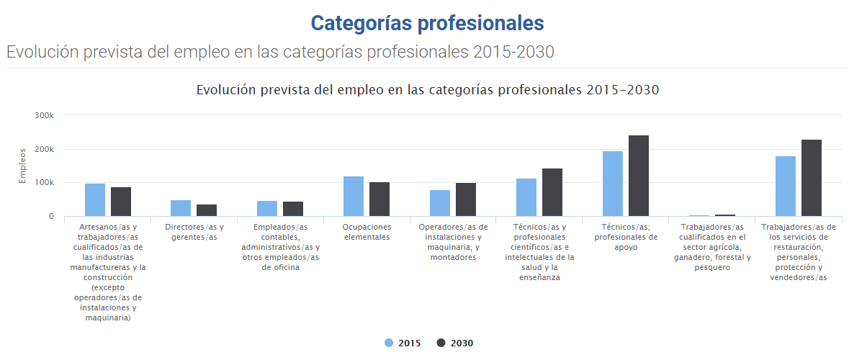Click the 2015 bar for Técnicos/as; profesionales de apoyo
(x=613, y=184)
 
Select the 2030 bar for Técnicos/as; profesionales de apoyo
(x=639, y=176)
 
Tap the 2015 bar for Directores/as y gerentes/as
(x=181, y=208)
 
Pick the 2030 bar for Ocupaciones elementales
(x=379, y=199)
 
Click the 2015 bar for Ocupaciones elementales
(x=354, y=197)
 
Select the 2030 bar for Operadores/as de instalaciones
(x=466, y=199)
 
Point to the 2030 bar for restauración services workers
(x=812, y=178)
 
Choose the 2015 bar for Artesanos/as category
(x=95, y=200)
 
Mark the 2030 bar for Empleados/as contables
(x=293, y=209)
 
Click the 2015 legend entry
(x=403, y=343)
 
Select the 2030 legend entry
(x=455, y=343)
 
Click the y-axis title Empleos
(x=22, y=166)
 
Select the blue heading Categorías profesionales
(x=427, y=23)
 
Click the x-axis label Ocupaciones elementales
(x=367, y=232)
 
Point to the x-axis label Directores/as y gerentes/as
(x=194, y=232)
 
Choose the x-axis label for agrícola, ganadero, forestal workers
(x=712, y=247)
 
